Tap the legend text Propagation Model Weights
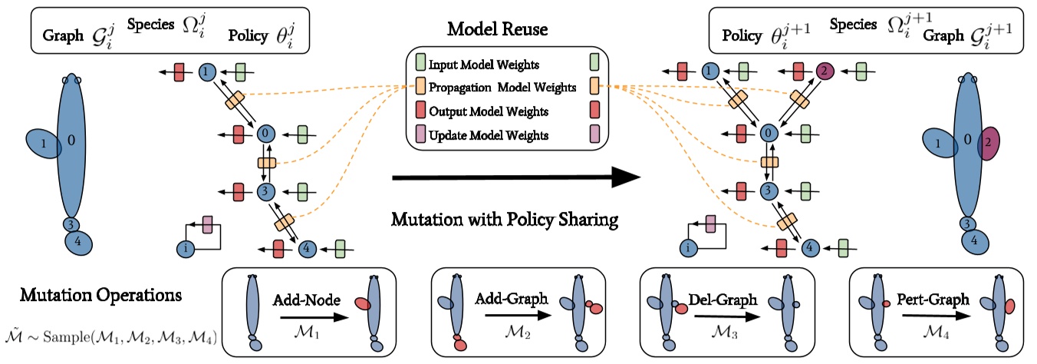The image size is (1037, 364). tap(502, 88)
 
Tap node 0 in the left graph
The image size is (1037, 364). tap(266, 133)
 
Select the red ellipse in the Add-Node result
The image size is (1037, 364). tap(362, 306)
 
